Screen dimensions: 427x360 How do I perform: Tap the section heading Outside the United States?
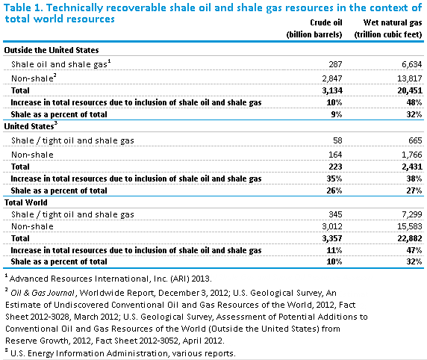52,50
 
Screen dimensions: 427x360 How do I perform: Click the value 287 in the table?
335,64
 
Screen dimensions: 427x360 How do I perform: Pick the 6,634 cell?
412,64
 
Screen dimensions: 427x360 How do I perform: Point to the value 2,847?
332,78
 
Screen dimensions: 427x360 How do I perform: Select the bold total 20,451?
410,90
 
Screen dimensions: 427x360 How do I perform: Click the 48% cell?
414,102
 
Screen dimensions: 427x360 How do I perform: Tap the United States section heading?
31,126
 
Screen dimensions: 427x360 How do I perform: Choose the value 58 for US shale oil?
337,140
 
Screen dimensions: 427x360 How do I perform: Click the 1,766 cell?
412,155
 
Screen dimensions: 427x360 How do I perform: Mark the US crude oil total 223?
335,167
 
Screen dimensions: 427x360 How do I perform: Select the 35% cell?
334,179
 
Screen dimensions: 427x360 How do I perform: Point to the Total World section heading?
26,202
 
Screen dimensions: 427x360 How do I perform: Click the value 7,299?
412,214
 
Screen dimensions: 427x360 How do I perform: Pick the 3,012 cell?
332,226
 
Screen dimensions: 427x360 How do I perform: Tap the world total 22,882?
410,238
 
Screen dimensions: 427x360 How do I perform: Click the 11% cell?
334,250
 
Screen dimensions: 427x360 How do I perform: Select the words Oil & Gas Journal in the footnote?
43,293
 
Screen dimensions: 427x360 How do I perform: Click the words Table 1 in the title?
23,7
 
